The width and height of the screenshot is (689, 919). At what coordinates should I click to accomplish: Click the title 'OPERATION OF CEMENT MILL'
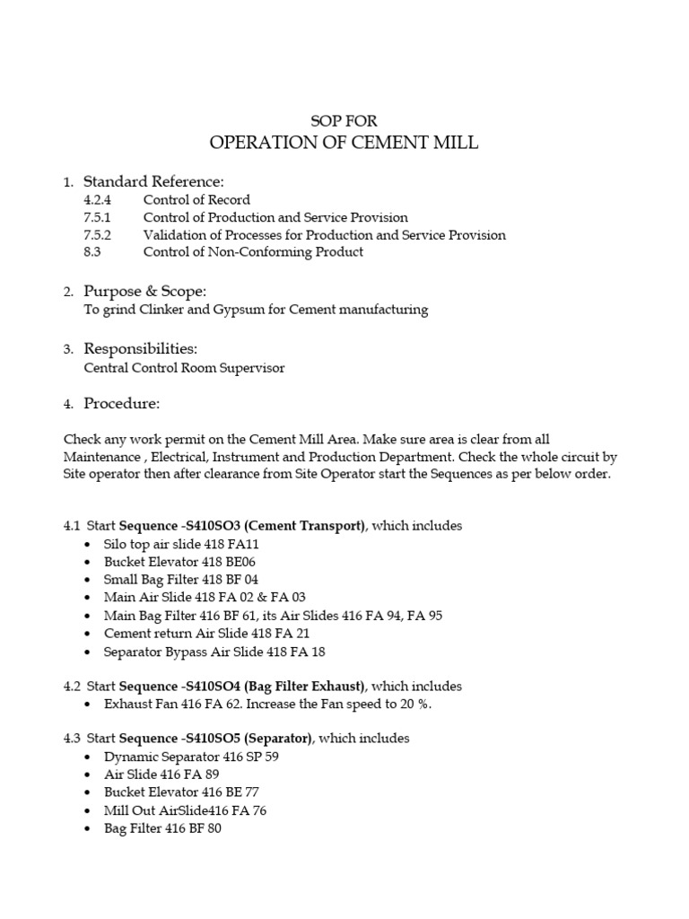(x=344, y=143)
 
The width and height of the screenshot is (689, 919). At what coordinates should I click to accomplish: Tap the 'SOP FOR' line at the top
(x=344, y=120)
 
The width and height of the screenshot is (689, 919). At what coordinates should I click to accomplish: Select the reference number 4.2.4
(x=96, y=200)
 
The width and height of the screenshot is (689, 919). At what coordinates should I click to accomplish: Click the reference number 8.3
(x=92, y=252)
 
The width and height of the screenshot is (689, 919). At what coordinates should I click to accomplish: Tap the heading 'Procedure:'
(x=122, y=403)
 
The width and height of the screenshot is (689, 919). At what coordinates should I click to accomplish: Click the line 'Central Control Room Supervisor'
(x=184, y=367)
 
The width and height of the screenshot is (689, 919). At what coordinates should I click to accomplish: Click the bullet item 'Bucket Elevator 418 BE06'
(x=179, y=562)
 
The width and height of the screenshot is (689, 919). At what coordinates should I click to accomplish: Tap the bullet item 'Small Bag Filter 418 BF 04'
(x=181, y=580)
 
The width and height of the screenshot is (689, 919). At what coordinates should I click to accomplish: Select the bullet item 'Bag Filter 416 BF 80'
(x=162, y=828)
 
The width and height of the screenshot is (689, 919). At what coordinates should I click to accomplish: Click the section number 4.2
(x=72, y=686)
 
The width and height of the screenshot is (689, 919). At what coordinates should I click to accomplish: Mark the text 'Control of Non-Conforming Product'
(x=253, y=252)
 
